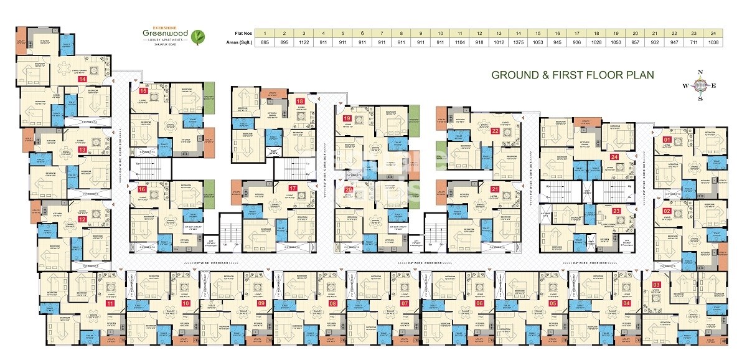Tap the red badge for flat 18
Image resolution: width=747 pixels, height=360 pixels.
pyautogui.click(x=300, y=102)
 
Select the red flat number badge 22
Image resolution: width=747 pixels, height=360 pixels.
pyautogui.click(x=495, y=131)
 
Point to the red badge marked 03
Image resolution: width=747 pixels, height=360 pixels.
pyautogui.click(x=656, y=285)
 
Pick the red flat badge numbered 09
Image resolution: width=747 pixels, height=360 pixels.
pyautogui.click(x=261, y=303)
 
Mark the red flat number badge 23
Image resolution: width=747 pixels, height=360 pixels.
pyautogui.click(x=616, y=212)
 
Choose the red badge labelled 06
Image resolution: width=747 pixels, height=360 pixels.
pyautogui.click(x=479, y=303)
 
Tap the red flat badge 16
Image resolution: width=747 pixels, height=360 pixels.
pyautogui.click(x=143, y=189)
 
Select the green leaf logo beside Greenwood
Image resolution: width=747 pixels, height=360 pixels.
pyautogui.click(x=198, y=37)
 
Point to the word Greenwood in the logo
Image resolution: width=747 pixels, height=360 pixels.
pyautogui.click(x=164, y=34)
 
